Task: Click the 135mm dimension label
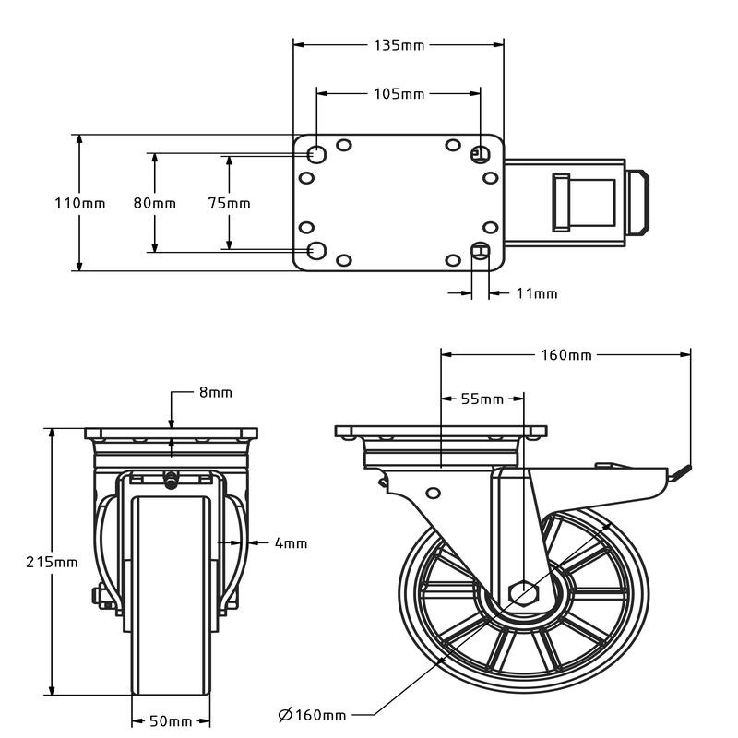click(x=399, y=45)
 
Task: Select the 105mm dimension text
click(x=399, y=94)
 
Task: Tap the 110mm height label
click(x=80, y=203)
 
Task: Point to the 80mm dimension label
click(x=154, y=203)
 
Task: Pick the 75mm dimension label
click(x=229, y=203)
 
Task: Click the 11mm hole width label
click(x=537, y=293)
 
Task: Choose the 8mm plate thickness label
click(x=216, y=393)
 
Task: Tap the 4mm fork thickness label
click(x=291, y=543)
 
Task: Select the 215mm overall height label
click(x=52, y=562)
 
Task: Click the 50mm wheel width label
click(x=171, y=721)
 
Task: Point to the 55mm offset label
click(x=482, y=399)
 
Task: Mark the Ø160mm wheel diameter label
click(x=312, y=716)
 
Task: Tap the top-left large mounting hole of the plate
click(x=316, y=154)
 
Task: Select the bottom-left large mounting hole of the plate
click(x=316, y=251)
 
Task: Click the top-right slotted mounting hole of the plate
click(x=480, y=154)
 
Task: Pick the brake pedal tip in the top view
click(x=638, y=203)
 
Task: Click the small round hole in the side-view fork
click(x=433, y=493)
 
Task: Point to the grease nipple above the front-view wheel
click(x=171, y=480)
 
